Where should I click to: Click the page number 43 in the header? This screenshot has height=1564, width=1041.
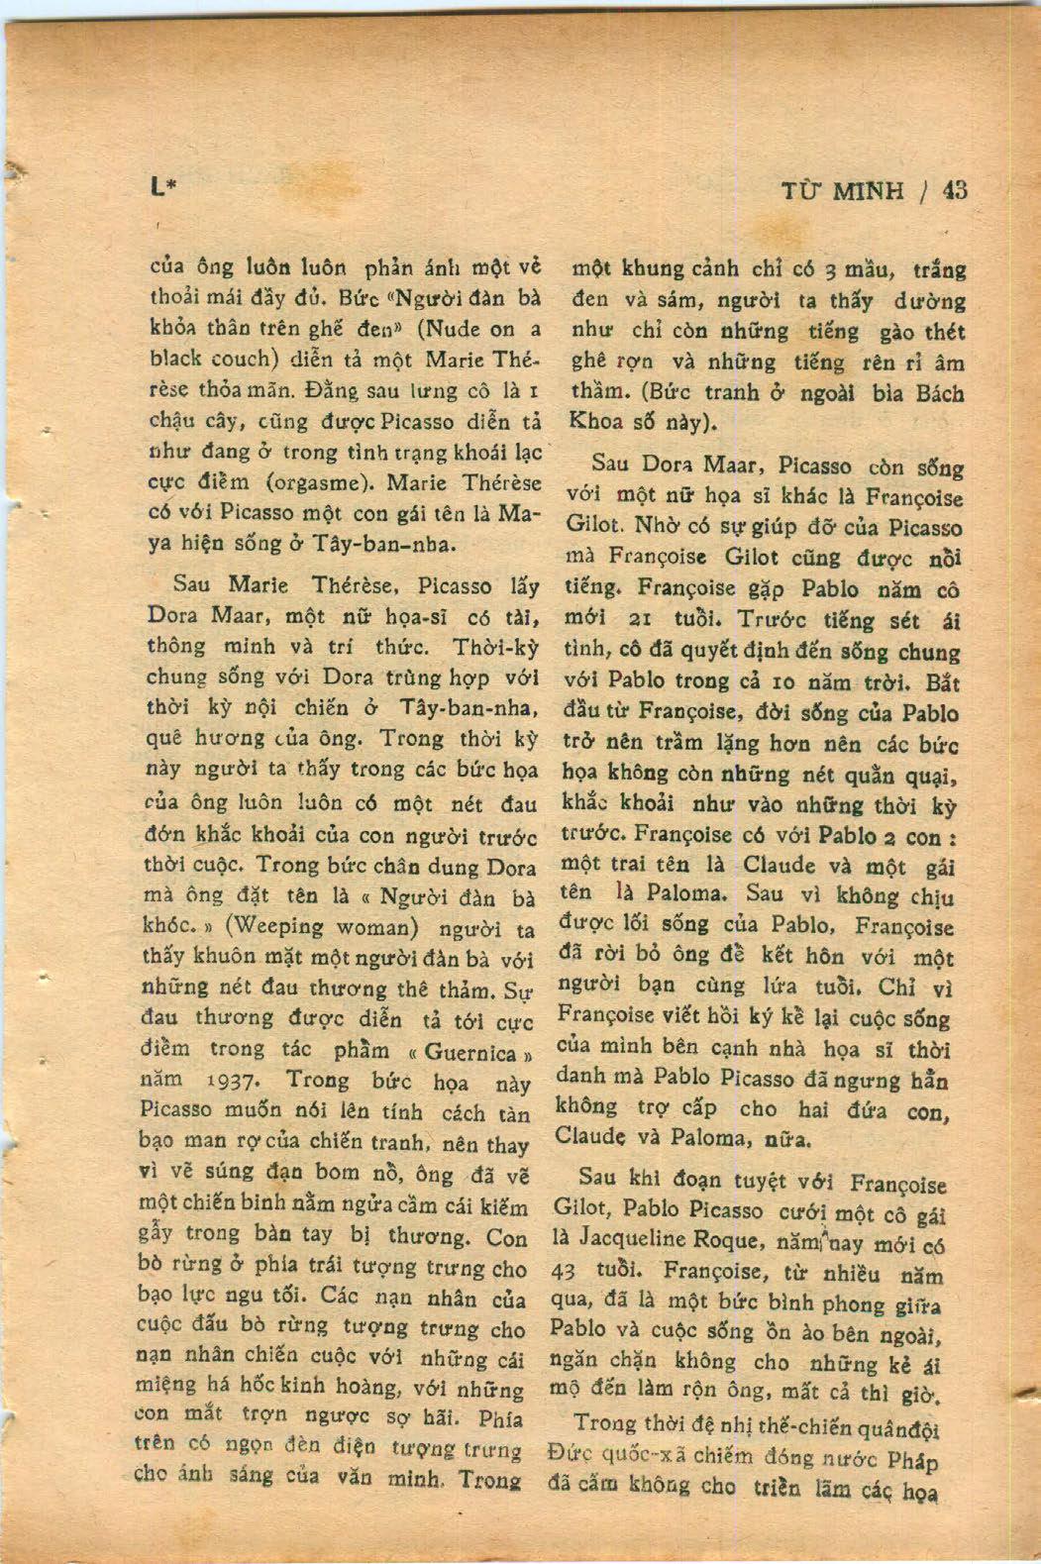pos(955,190)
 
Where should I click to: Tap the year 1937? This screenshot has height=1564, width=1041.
pos(235,1079)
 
